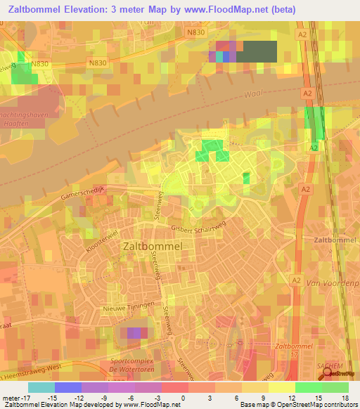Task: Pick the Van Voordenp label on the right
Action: (x=333, y=282)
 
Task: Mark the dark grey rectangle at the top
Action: (x=259, y=52)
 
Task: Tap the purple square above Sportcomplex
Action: (x=134, y=333)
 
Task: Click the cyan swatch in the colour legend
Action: (x=41, y=387)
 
